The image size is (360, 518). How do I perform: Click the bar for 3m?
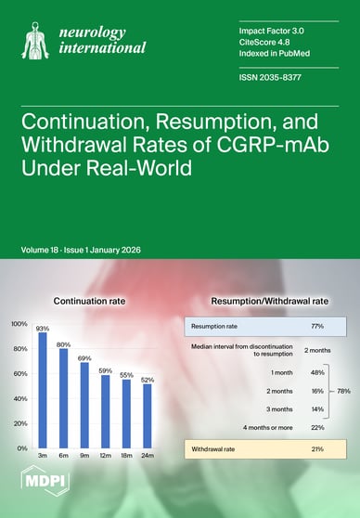pos(43,390)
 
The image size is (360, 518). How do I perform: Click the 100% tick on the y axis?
pos(19,324)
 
